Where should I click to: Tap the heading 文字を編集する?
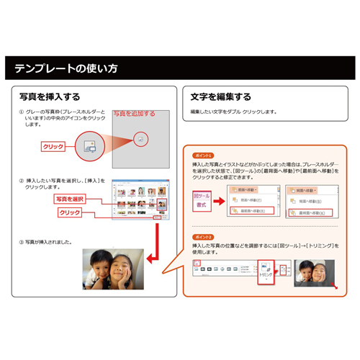click(221, 96)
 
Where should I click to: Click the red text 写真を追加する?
click(135, 113)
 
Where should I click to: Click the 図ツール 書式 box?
click(202, 199)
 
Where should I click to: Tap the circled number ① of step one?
click(22, 113)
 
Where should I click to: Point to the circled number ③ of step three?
click(22, 242)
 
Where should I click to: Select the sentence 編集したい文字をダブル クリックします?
click(233, 112)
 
